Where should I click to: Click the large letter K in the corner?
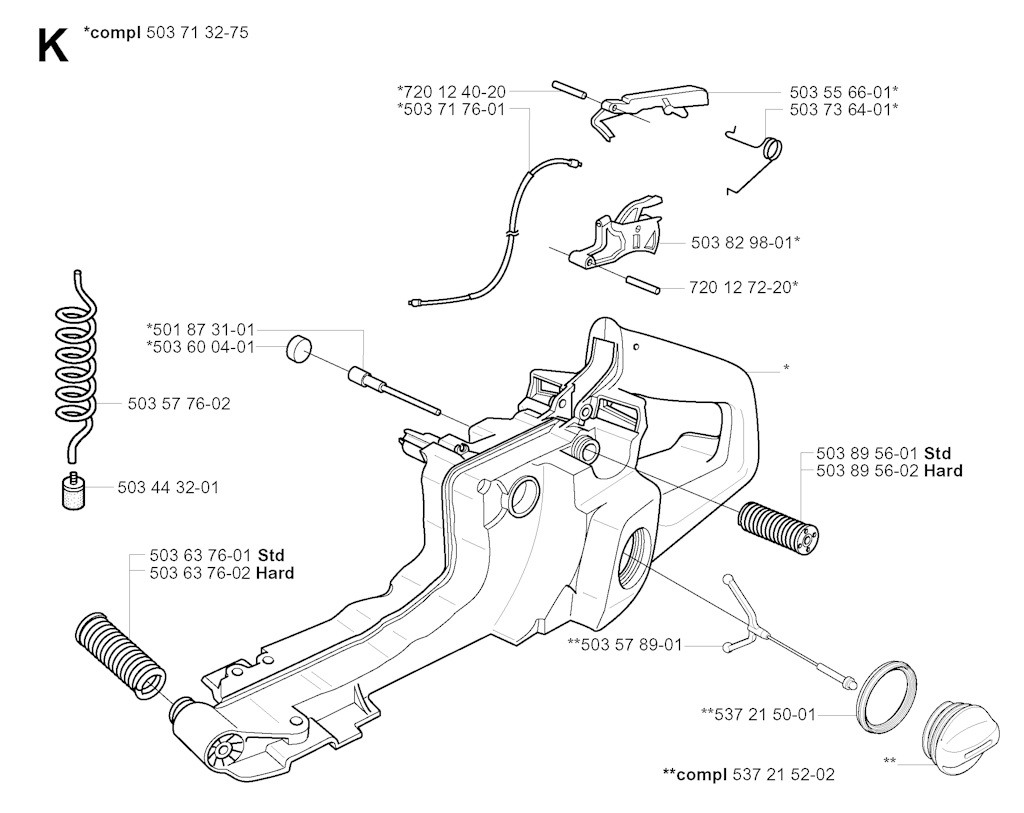pos(52,45)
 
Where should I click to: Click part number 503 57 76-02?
pos(179,404)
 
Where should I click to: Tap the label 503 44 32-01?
pos(168,487)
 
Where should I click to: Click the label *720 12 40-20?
pos(450,91)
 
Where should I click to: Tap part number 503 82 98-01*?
pos(745,242)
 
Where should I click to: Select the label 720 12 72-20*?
pos(743,287)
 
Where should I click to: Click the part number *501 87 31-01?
pos(201,329)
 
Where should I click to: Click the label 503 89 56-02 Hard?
pos(889,471)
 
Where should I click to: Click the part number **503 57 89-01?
pos(624,645)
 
